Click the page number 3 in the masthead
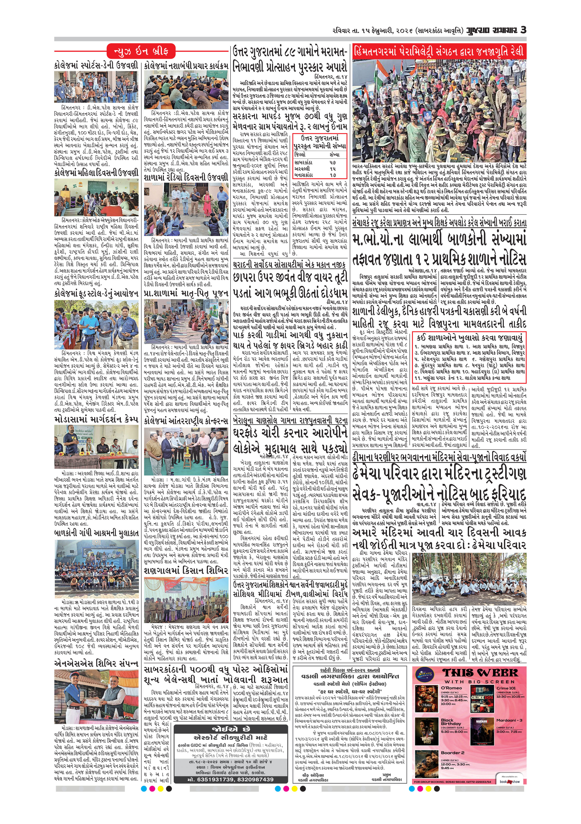pyautogui.click(x=523, y=30)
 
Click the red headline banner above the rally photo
pyautogui.click(x=439, y=51)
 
